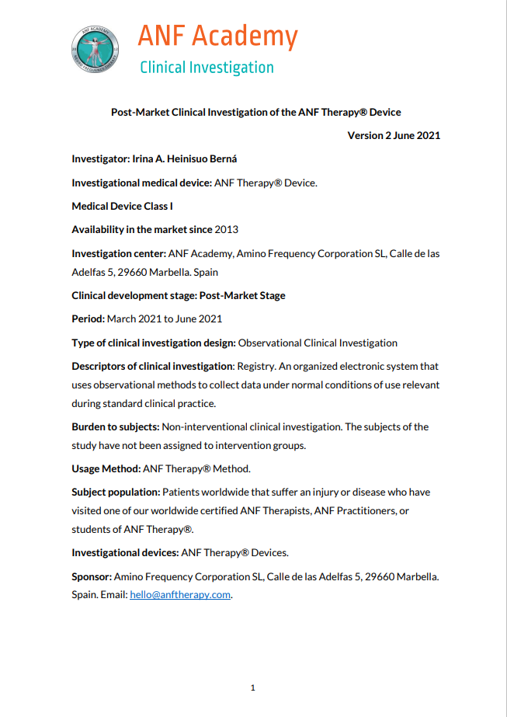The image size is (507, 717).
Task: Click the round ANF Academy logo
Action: tap(95, 51)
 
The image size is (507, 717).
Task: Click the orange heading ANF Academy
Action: tap(217, 37)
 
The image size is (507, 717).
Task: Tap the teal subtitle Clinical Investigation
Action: tap(207, 68)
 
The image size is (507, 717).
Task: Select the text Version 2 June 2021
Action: tap(394, 135)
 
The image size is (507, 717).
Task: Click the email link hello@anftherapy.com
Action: tap(180, 595)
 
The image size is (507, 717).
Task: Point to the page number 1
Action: tap(253, 687)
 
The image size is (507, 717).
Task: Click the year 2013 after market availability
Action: tap(226, 229)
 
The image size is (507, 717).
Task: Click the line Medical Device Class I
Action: tap(122, 206)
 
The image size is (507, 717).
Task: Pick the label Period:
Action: tap(88, 319)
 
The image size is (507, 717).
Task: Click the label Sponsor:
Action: tap(92, 577)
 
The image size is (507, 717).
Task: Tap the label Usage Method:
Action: tap(106, 468)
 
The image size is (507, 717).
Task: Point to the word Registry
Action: tap(258, 366)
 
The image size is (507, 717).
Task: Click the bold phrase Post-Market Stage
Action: tap(242, 296)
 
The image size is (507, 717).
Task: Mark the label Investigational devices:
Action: tap(125, 553)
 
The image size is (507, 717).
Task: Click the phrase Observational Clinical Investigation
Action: tap(318, 343)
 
